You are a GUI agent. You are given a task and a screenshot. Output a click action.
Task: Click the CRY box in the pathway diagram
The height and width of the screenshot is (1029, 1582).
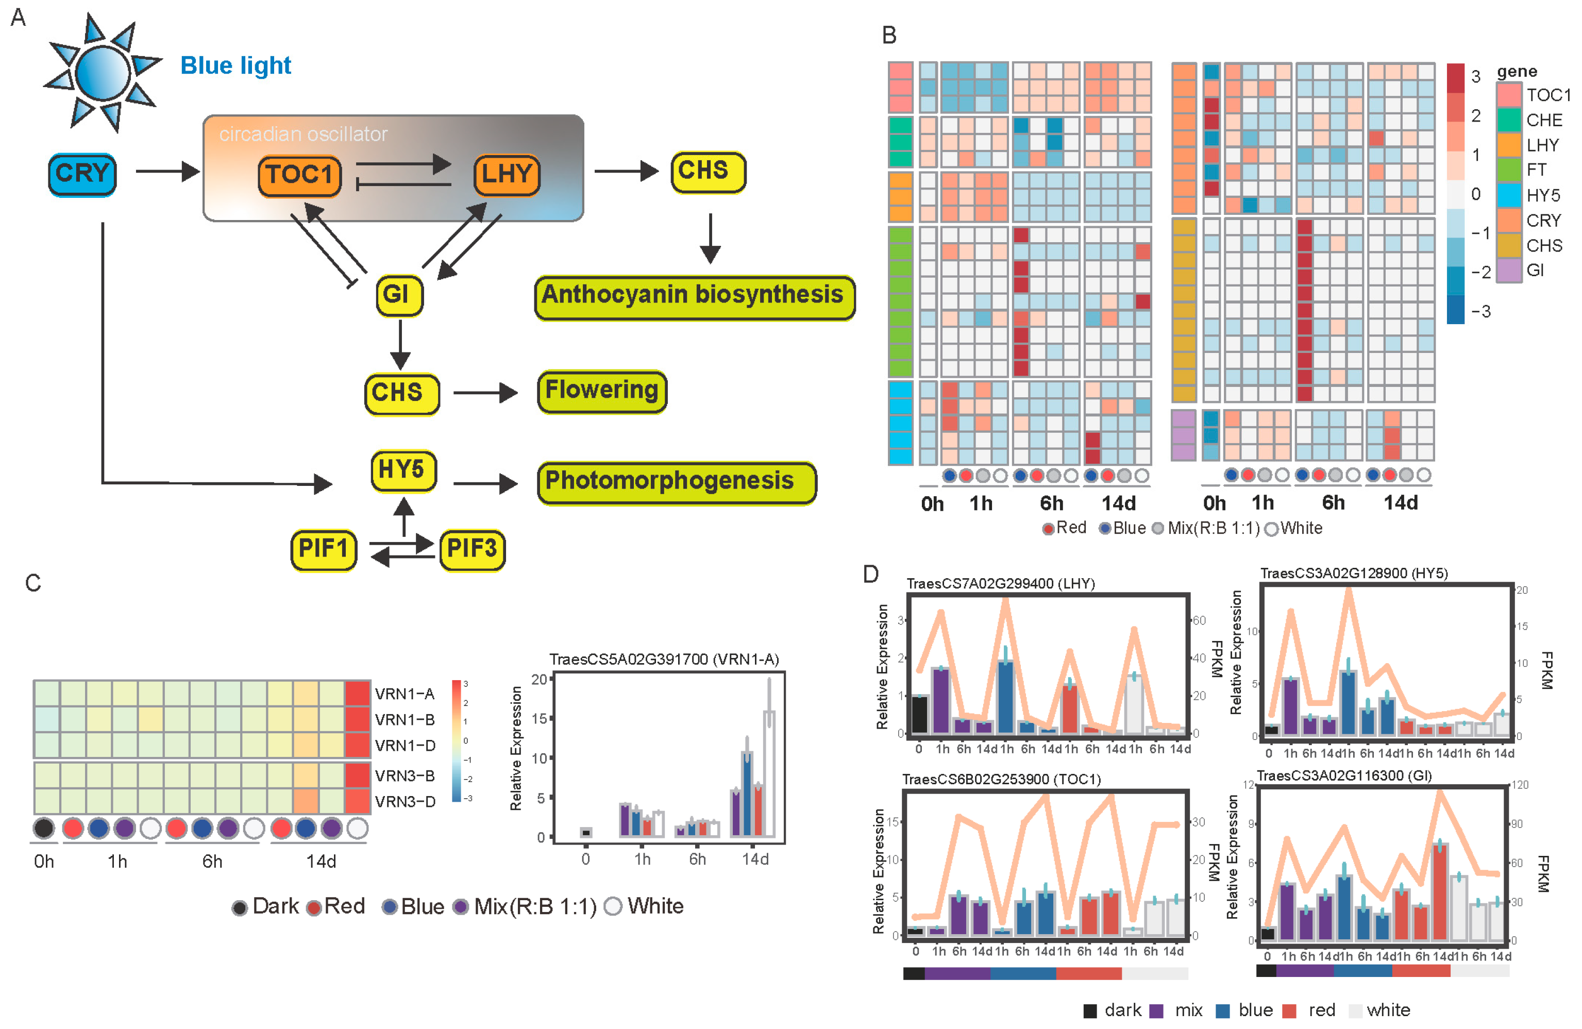[82, 174]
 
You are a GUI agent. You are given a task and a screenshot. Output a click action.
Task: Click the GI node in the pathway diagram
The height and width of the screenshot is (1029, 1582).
[399, 294]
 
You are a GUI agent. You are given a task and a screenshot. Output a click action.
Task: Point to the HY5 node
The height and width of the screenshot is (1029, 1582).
[403, 470]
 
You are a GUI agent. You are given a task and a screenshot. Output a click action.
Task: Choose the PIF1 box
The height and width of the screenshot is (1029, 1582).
[324, 550]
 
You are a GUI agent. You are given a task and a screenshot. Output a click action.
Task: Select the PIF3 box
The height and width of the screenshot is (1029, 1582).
[472, 550]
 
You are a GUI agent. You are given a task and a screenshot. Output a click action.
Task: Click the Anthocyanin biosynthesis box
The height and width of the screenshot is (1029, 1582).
[694, 296]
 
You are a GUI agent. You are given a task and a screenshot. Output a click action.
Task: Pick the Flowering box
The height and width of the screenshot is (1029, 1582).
[601, 391]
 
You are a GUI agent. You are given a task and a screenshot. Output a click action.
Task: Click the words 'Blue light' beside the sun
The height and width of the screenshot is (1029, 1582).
[235, 66]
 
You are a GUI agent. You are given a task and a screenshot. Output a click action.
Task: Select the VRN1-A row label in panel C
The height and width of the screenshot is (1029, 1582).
[404, 694]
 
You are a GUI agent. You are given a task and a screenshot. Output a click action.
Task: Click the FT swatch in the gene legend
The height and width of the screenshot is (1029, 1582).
[1509, 170]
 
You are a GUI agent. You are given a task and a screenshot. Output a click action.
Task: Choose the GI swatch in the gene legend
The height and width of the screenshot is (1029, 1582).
[1509, 271]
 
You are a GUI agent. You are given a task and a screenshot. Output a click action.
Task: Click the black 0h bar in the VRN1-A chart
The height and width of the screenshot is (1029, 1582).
[585, 832]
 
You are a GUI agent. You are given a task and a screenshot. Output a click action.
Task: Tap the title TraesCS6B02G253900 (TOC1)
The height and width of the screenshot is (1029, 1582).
[1001, 779]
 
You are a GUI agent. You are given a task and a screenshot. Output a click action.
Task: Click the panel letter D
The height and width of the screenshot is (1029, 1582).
[871, 573]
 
